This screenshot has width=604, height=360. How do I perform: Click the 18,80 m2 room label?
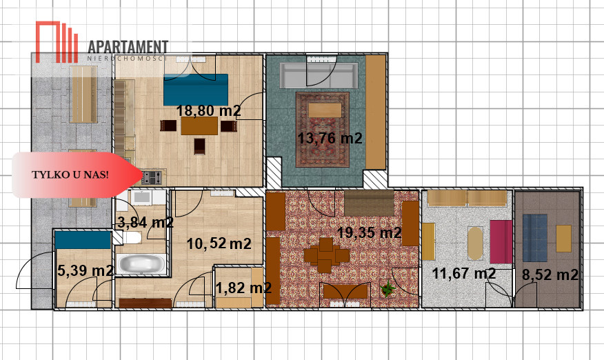point(208,110)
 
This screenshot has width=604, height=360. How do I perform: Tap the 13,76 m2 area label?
point(330,138)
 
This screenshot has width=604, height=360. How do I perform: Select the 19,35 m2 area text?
point(370,232)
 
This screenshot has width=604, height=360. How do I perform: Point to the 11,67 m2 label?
point(464,273)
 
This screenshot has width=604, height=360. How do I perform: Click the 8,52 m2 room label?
point(550,274)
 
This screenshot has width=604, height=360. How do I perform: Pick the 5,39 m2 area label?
point(85,270)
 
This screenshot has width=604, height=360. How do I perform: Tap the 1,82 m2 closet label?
point(243,288)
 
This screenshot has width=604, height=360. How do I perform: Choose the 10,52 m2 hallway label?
point(219,243)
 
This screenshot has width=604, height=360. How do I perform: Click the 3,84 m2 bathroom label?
point(145,222)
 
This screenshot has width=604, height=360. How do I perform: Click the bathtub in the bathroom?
point(141,264)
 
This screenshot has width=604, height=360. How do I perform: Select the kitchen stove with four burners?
point(152,178)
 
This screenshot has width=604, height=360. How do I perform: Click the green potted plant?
point(387,289)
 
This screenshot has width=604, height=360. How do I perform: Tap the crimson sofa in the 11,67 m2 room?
point(501,241)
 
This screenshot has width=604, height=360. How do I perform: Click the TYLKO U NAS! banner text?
point(70,174)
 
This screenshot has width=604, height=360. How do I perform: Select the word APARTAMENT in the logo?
point(128,47)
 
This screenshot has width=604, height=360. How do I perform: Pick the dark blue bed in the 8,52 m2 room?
point(535,238)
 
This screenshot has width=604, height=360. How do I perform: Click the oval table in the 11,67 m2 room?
point(475,243)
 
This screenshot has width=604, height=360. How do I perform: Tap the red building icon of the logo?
point(57,42)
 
